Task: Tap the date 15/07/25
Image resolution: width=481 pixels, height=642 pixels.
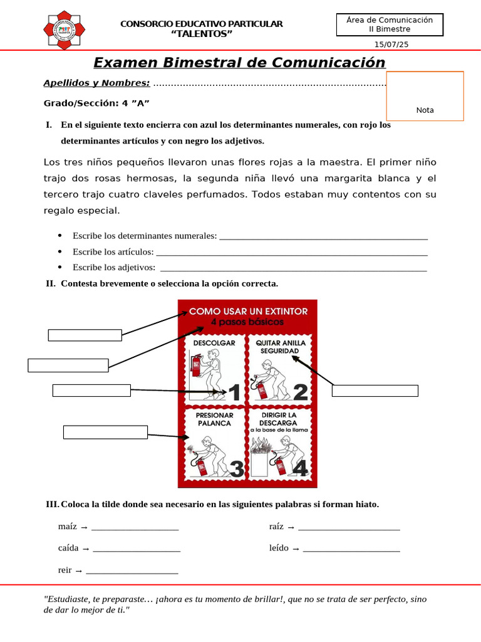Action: point(391,45)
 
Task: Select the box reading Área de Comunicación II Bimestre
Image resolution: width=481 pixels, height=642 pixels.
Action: point(390,24)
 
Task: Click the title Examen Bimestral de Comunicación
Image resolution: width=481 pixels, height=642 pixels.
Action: point(239,63)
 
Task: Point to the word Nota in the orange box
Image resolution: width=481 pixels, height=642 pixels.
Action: point(425,110)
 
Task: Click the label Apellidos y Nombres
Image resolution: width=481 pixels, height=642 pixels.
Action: point(96,83)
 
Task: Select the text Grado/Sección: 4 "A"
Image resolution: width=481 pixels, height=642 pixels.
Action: point(96,103)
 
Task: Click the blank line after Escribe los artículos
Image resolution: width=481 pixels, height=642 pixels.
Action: point(291,252)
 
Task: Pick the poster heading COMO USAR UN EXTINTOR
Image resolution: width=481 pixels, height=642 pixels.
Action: point(249,311)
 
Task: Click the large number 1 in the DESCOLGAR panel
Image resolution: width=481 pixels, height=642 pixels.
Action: point(234,392)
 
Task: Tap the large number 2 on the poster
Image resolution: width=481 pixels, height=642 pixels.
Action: point(300,392)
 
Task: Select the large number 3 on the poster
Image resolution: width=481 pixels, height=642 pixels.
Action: point(237,469)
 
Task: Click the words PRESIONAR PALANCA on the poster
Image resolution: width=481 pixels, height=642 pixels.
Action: point(214,419)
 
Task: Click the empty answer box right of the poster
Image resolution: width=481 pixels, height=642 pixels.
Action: point(375,391)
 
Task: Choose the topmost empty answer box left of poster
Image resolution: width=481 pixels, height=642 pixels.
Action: point(85,335)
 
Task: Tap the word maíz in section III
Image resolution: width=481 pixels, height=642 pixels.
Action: point(68,527)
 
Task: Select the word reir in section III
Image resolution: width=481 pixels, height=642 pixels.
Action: point(65,570)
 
